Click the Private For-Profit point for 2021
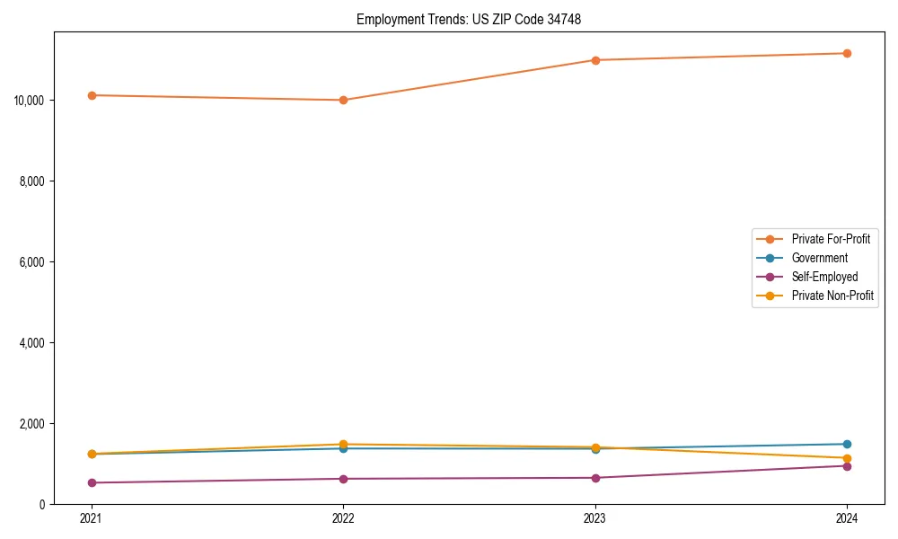coord(92,95)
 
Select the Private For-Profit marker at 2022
coord(343,100)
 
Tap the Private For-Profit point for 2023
coord(595,60)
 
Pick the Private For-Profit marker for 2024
coord(847,53)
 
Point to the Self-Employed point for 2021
coord(92,482)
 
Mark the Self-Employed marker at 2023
coord(595,478)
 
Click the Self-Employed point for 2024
coord(847,465)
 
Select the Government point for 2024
coord(847,444)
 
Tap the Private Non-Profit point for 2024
coord(847,458)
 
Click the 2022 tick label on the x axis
coord(343,517)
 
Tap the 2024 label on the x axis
coord(847,517)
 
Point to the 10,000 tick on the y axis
coord(31,100)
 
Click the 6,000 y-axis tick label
coord(33,261)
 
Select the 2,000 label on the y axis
coord(33,423)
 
